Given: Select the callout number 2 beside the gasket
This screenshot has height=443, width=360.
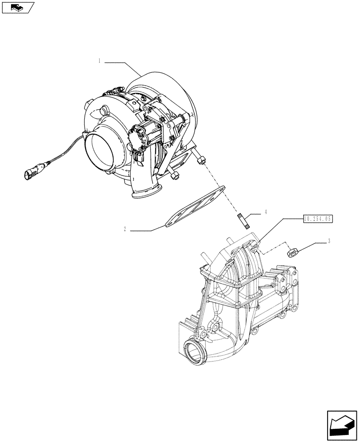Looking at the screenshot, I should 125,229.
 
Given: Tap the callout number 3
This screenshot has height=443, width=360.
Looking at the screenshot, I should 329,242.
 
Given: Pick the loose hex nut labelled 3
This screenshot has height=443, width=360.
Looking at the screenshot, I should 292,253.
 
